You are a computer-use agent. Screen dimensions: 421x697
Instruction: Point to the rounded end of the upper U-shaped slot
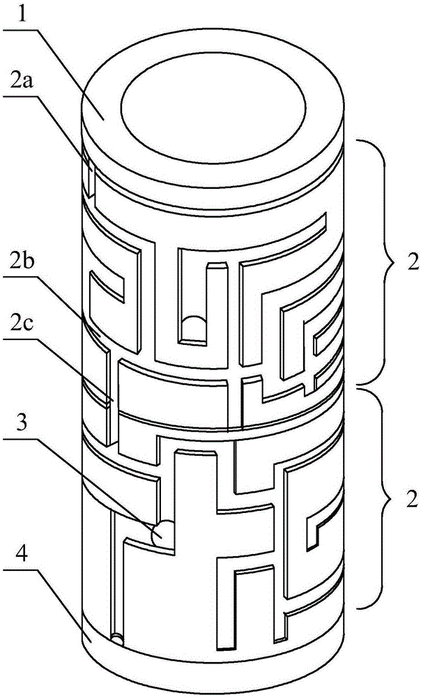(x=196, y=328)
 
